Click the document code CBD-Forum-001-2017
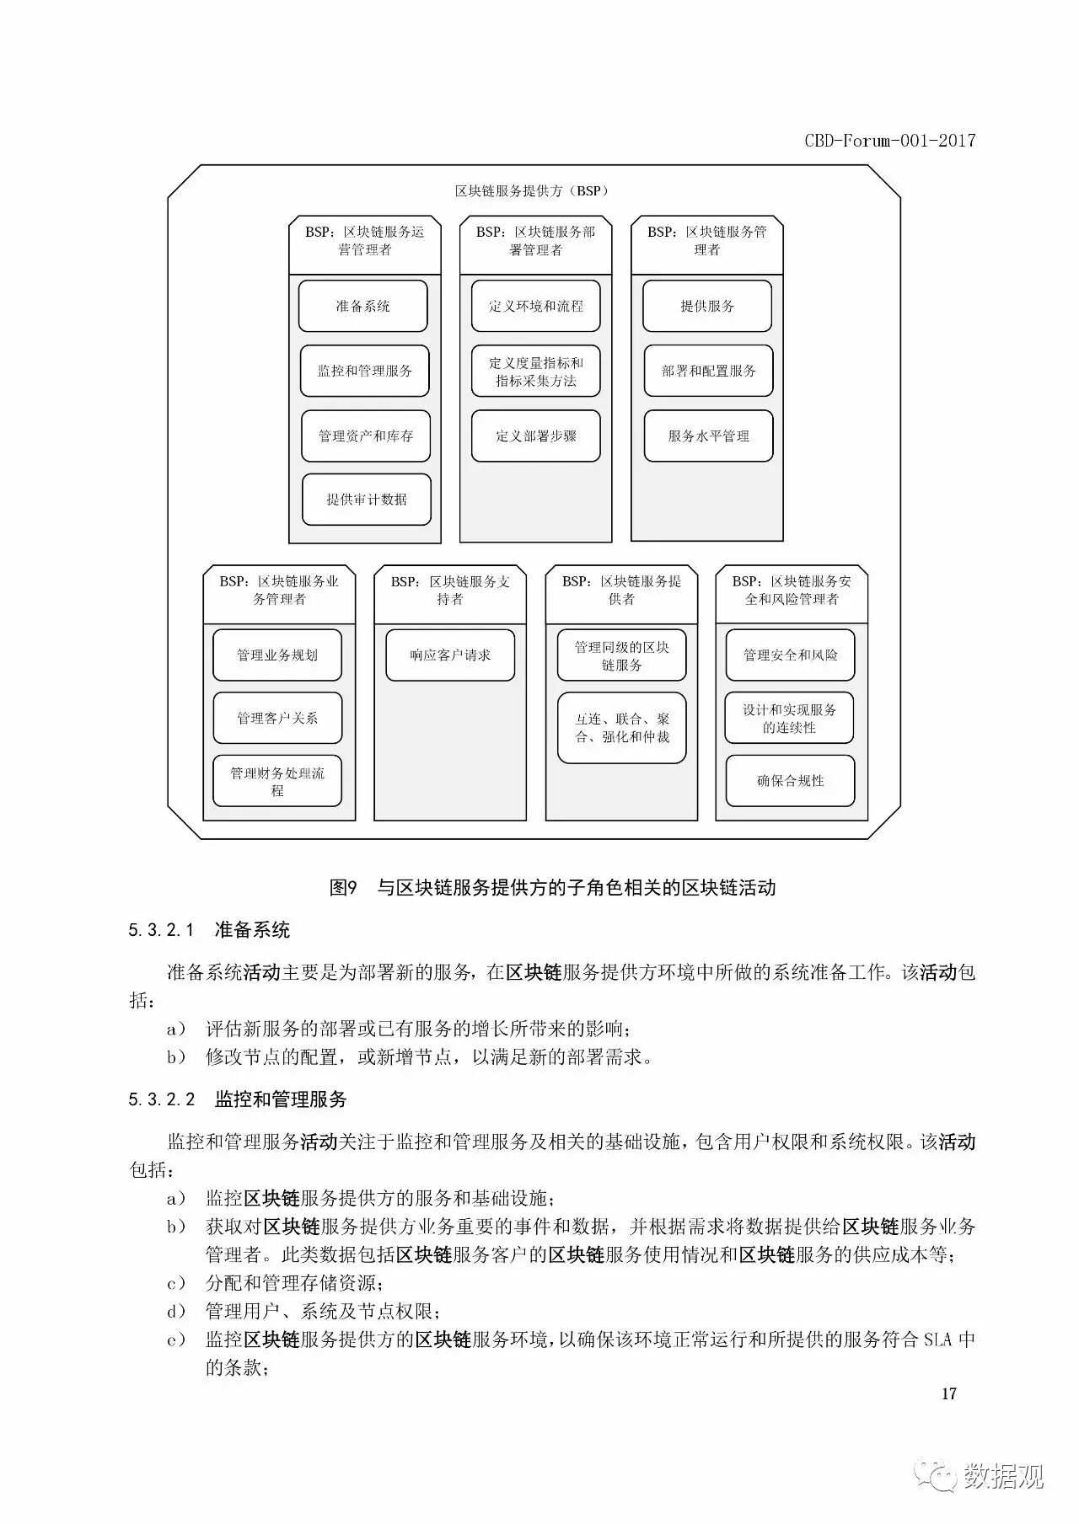(x=889, y=141)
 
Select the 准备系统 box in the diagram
(x=362, y=307)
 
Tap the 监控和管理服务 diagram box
(x=364, y=371)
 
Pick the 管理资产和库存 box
(x=366, y=436)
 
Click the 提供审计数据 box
(x=367, y=500)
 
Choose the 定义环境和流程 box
(x=535, y=307)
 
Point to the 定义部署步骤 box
(x=535, y=436)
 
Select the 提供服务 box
(x=707, y=307)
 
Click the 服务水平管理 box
(x=708, y=436)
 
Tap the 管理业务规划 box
(x=277, y=655)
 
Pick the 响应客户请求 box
(x=450, y=655)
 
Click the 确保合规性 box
(x=790, y=781)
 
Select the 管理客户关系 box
(x=277, y=718)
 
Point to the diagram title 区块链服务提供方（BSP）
(x=532, y=191)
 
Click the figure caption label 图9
(x=344, y=887)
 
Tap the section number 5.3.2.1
(x=162, y=930)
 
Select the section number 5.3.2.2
(x=162, y=1099)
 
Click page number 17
(x=949, y=1393)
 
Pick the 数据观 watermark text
(x=1003, y=1476)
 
